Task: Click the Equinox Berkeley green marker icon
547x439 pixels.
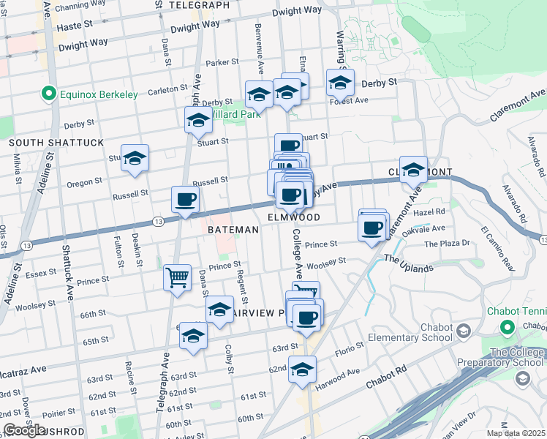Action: click(49, 94)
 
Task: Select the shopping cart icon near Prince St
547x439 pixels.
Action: click(177, 278)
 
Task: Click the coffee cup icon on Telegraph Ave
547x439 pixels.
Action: click(185, 199)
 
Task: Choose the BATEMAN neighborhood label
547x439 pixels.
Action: click(233, 230)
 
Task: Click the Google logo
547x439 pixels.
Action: click(24, 430)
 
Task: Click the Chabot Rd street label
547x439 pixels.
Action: click(387, 383)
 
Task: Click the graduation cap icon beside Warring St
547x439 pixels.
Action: click(339, 83)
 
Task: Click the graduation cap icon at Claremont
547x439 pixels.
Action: click(413, 170)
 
